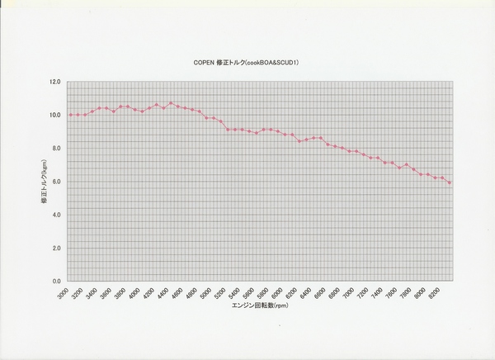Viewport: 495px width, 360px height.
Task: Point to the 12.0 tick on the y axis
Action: coord(55,82)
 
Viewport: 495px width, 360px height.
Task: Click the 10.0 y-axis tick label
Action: coord(55,115)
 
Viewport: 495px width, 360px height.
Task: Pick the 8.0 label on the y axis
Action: coord(56,148)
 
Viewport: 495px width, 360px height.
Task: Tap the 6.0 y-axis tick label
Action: coord(56,182)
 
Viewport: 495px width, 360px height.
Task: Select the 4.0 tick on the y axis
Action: coord(56,215)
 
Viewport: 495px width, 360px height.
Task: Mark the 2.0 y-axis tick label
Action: coord(56,248)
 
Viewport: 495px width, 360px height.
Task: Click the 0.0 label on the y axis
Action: coord(56,281)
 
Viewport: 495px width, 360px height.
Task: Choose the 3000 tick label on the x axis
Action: coord(64,293)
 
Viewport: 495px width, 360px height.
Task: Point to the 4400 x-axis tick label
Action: coord(164,293)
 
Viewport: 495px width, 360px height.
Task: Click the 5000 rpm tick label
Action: coord(207,293)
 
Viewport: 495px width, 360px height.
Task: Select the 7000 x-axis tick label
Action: coord(350,293)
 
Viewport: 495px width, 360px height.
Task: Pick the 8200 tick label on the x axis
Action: coord(435,293)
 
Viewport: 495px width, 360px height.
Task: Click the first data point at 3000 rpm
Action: coord(70,115)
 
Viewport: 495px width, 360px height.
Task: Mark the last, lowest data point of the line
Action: coord(450,182)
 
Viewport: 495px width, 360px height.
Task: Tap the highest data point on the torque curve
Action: coord(171,103)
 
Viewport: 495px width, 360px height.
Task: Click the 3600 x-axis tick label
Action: coord(107,293)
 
